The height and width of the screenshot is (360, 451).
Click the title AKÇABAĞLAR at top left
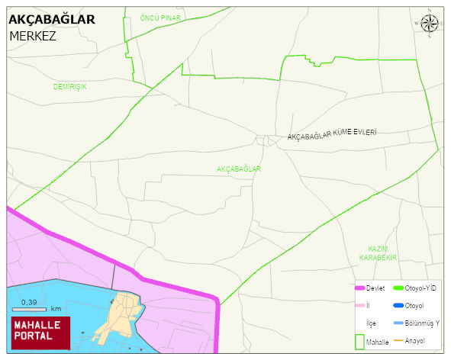coord(52,20)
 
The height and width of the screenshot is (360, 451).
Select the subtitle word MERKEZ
coord(32,36)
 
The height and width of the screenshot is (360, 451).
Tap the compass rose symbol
coord(430,25)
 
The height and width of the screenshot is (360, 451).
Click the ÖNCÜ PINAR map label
coord(159,17)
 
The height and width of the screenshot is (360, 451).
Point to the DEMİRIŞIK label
coord(69,87)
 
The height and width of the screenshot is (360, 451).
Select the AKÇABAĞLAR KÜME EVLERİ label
coord(332,135)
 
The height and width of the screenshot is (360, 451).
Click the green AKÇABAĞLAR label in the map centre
coord(239,169)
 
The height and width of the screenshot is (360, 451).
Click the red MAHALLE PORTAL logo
coord(40,331)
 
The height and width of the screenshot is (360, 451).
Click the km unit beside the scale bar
coord(56,309)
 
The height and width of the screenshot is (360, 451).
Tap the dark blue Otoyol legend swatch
coord(398,306)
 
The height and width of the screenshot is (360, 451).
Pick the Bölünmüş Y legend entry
coord(423,323)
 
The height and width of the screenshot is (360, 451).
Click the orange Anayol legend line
coord(398,340)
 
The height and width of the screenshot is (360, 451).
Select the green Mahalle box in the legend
coord(361,342)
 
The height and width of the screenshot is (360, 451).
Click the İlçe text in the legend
coord(371,323)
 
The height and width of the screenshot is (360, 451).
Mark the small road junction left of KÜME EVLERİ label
coord(267,140)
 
